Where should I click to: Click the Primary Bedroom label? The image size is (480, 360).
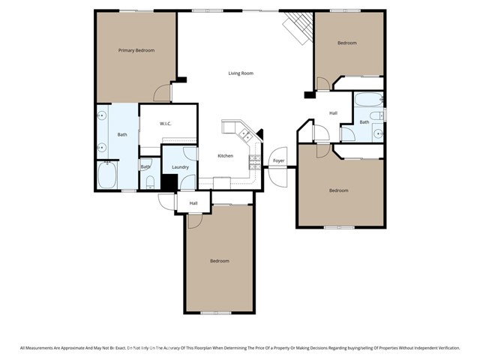(x=136, y=50)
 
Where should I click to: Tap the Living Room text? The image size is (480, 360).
(x=241, y=73)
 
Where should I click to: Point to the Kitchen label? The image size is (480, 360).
(x=225, y=156)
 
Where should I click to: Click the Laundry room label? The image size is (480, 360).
(x=180, y=167)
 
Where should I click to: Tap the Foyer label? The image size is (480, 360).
(x=278, y=160)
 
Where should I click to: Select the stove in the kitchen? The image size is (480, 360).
(x=254, y=161)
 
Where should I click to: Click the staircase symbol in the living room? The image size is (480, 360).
(x=298, y=29)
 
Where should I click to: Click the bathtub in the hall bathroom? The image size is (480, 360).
(x=368, y=100)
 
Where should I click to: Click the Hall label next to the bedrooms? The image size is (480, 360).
(x=333, y=113)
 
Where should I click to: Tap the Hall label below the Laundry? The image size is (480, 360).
(x=193, y=203)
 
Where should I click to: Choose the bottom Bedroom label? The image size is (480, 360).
(x=219, y=261)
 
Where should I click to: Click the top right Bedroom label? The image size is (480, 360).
(x=346, y=43)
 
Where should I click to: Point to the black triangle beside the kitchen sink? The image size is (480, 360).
(x=260, y=134)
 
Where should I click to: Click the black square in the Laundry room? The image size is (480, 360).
(x=169, y=182)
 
